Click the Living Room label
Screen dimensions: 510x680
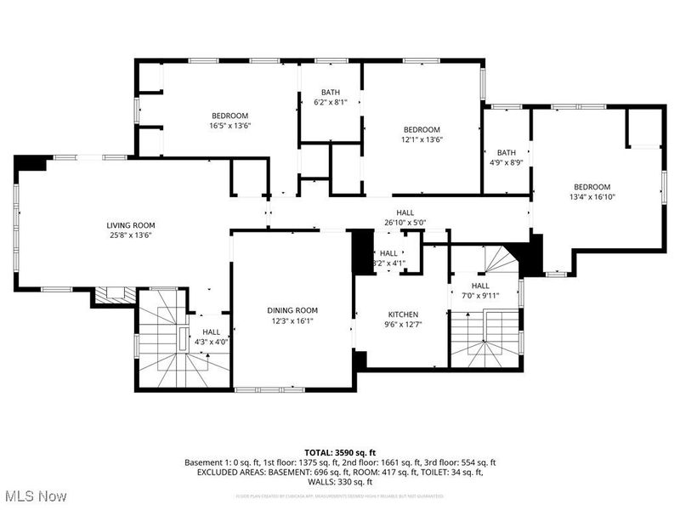click(x=131, y=225)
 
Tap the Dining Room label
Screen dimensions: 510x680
click(x=292, y=310)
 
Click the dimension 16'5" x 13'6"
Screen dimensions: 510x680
click(x=229, y=126)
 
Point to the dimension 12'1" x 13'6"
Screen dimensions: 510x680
click(x=422, y=139)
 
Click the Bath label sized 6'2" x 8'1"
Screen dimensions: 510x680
click(x=331, y=92)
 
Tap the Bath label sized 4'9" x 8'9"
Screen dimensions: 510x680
click(x=507, y=152)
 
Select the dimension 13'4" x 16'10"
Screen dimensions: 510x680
click(x=592, y=197)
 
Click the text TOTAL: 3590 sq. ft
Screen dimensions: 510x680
click(x=340, y=451)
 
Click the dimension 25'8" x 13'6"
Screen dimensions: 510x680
click(x=131, y=235)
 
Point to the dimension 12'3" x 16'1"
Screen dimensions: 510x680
click(x=292, y=320)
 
